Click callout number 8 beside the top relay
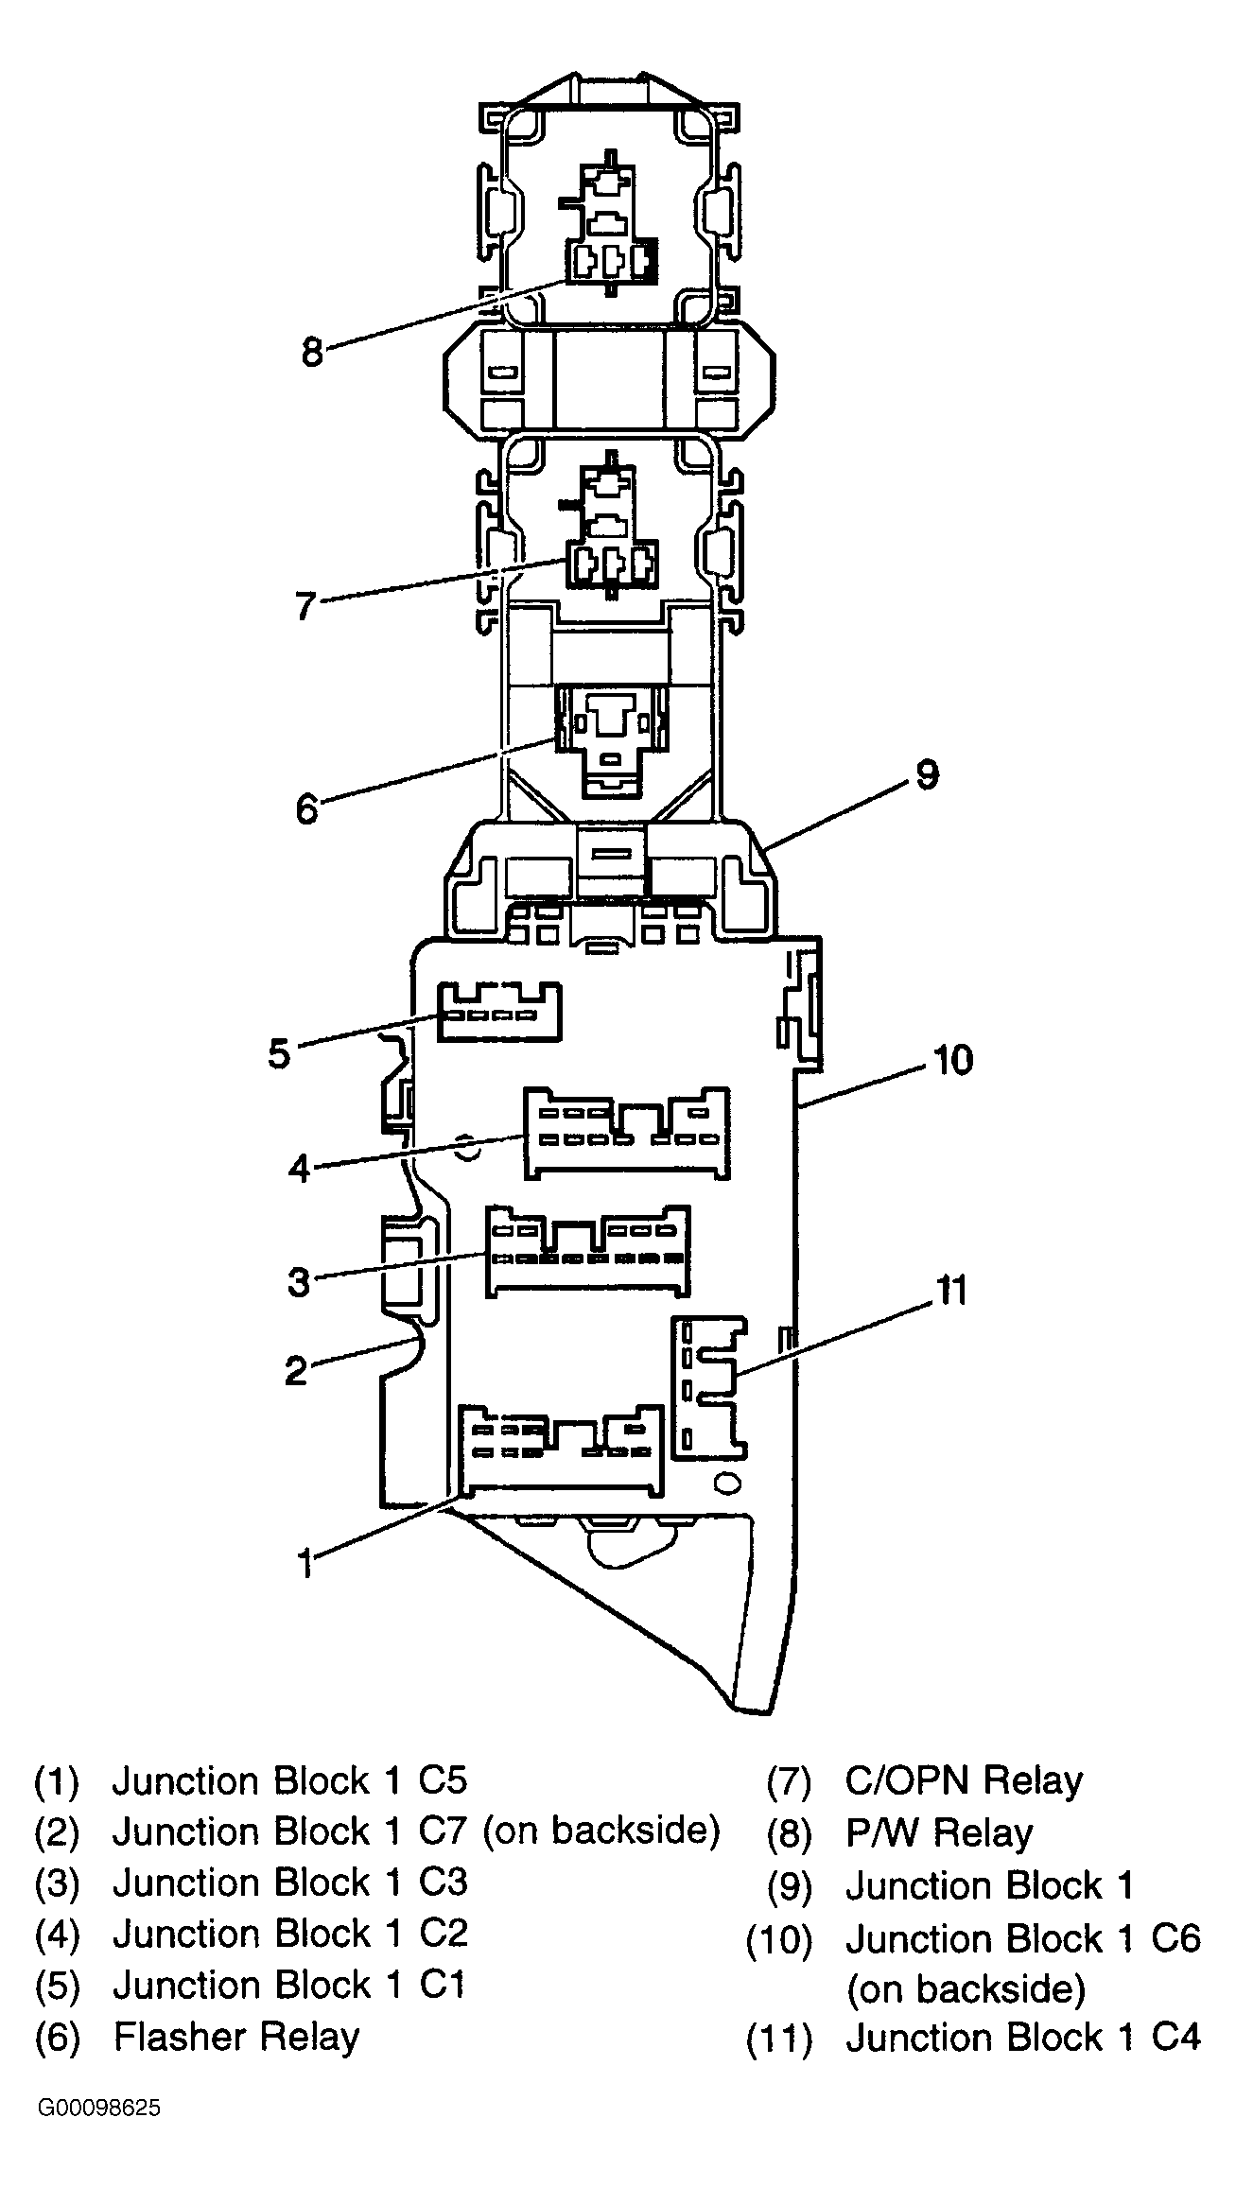coord(312,353)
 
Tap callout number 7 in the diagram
coord(305,605)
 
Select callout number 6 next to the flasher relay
coord(306,809)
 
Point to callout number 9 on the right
coord(927,775)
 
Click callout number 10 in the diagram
coord(953,1060)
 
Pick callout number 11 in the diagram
coord(950,1290)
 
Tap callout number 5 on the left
coord(279,1052)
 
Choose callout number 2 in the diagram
coord(297,1370)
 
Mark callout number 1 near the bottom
coord(305,1563)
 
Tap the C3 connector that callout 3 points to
coord(587,1250)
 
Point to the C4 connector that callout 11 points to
coord(708,1386)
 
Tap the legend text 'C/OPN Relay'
coord(964,1781)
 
